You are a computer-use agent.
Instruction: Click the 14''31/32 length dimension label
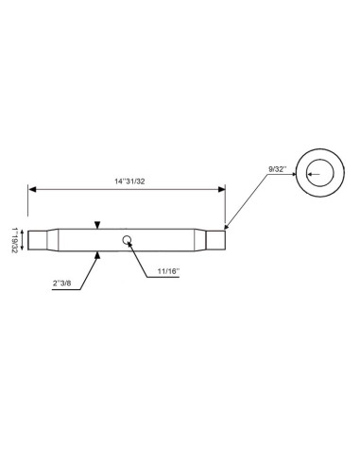[129, 181]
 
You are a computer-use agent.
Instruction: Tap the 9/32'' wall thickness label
[278, 169]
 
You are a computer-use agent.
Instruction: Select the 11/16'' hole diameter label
[168, 271]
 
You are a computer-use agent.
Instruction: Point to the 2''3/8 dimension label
[62, 283]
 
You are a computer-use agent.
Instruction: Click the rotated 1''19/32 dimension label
[15, 240]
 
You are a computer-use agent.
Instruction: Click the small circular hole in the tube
[127, 240]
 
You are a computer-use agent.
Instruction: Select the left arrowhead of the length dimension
[32, 189]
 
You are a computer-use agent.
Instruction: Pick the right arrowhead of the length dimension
[222, 189]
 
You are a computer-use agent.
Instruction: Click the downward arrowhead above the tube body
[97, 225]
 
